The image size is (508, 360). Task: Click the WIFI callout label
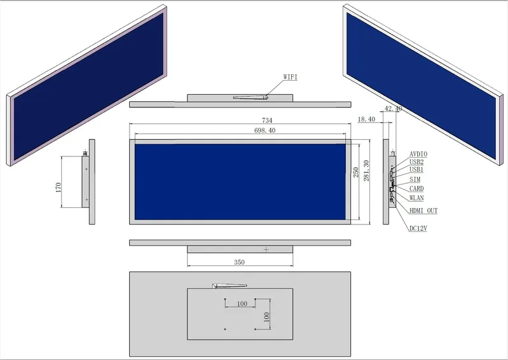[x=291, y=77]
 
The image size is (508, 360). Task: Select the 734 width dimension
[x=267, y=120]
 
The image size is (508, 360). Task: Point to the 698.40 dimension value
[x=265, y=130]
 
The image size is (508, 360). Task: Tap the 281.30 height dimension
[x=366, y=170]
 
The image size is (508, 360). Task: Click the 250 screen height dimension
[x=356, y=172]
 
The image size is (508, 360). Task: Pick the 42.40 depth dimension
[x=393, y=108]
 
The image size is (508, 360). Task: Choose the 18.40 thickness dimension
[x=366, y=119]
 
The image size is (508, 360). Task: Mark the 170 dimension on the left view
[x=58, y=187]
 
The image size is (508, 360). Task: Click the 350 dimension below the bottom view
[x=239, y=262]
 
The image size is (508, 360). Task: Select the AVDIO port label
[x=418, y=154]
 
